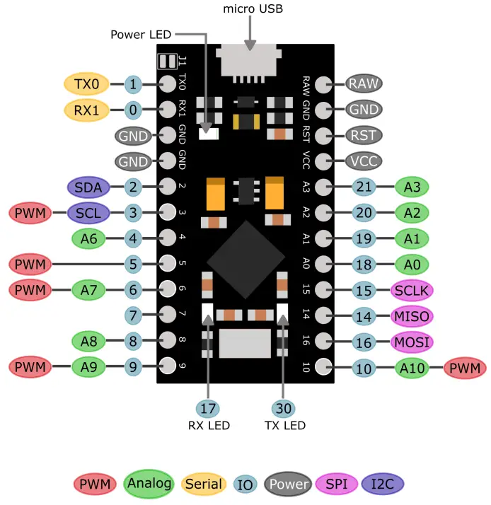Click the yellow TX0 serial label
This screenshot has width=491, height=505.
[86, 84]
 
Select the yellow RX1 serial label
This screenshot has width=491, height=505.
[86, 110]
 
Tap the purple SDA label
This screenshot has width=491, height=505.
[88, 187]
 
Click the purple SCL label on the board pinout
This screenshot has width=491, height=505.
[88, 212]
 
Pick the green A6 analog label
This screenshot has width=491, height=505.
[88, 238]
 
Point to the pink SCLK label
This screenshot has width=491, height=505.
[411, 290]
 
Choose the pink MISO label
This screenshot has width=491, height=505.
[411, 316]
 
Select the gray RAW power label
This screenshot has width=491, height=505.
[364, 83]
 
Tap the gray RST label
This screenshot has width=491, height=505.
[364, 134]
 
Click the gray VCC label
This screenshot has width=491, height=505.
[364, 161]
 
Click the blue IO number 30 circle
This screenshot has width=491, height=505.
[283, 407]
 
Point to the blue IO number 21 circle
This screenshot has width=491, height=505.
[364, 187]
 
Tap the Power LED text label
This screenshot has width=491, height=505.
[139, 34]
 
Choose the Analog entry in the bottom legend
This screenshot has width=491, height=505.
[149, 484]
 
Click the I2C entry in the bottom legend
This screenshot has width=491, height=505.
[382, 484]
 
